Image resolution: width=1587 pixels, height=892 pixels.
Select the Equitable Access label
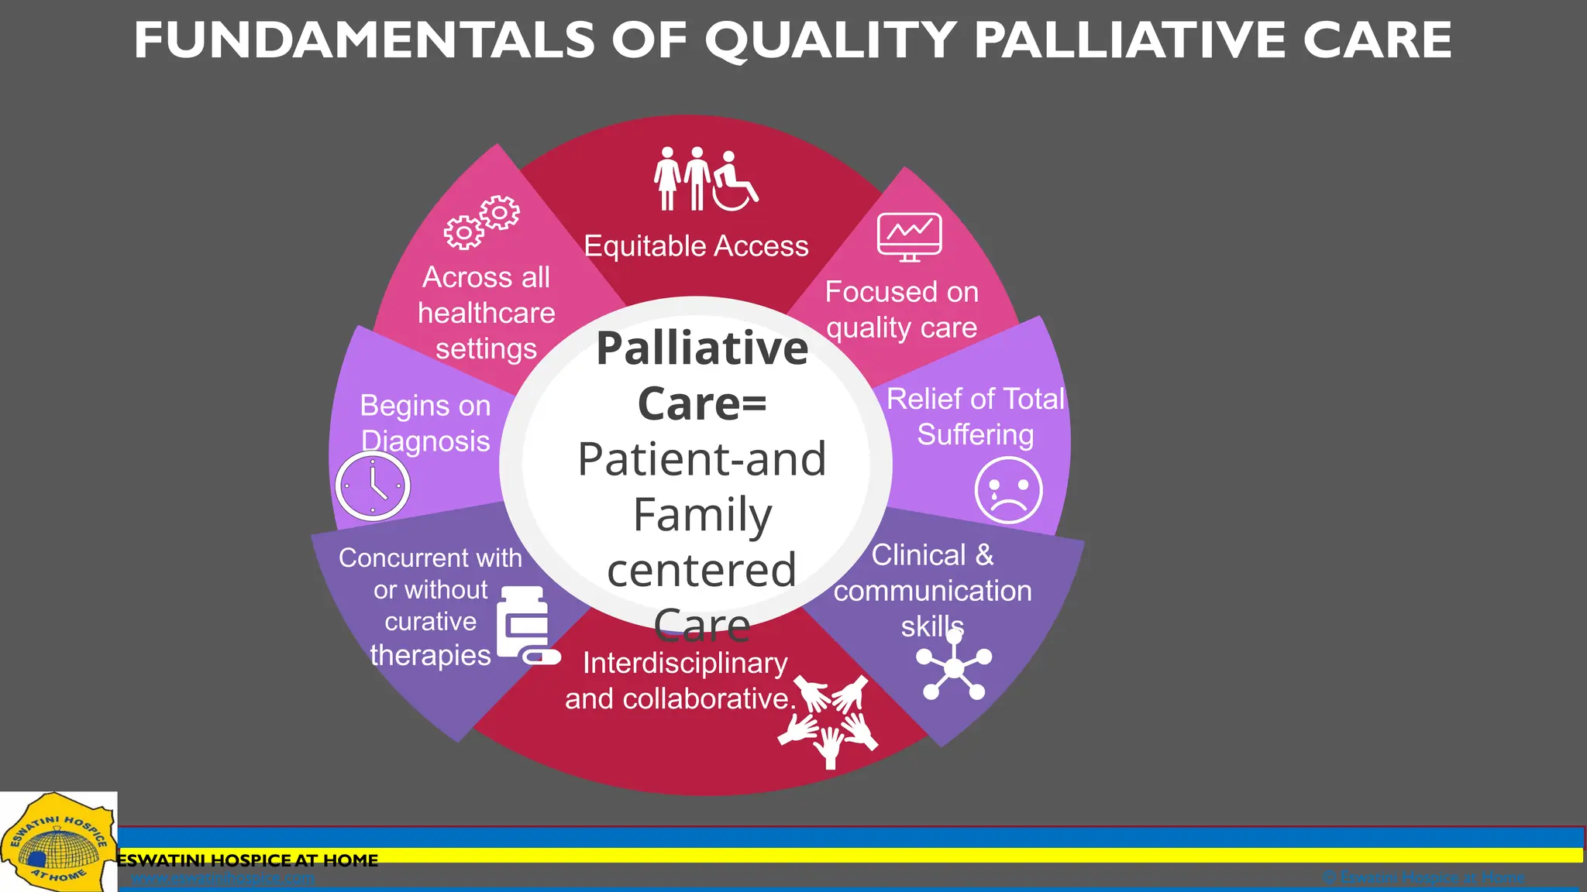(696, 246)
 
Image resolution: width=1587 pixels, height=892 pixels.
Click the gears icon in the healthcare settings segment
(481, 222)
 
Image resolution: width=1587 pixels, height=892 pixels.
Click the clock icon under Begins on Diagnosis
(373, 486)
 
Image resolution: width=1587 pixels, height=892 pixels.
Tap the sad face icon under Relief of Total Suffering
(1008, 490)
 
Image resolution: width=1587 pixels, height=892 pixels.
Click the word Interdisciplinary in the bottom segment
(685, 664)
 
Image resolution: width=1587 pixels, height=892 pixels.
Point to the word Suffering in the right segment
(975, 435)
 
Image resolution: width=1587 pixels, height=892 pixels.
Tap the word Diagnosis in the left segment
(425, 441)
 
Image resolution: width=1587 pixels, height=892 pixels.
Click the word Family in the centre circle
(702, 515)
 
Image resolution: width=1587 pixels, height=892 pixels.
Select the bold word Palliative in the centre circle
(702, 348)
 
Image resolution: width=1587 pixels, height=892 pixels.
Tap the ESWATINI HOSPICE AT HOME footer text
(248, 860)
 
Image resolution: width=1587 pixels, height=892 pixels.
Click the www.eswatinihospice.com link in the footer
(223, 878)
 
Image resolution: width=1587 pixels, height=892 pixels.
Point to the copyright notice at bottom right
(1423, 877)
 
